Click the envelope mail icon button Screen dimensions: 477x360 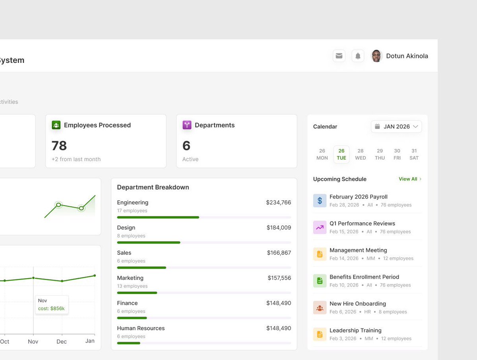339,56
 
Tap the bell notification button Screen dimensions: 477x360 358,56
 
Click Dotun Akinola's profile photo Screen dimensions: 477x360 376,56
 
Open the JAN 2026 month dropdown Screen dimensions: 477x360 396,126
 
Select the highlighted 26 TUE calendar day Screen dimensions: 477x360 341,154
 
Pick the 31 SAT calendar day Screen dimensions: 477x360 414,154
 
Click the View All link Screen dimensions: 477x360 410,179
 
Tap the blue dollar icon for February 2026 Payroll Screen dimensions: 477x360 320,200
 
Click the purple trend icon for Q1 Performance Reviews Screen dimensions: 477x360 320,227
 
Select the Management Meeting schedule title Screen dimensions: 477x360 358,250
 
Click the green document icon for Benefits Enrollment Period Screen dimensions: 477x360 320,281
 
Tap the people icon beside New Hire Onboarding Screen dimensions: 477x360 320,307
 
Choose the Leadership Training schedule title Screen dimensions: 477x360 355,331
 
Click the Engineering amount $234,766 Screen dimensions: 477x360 278,202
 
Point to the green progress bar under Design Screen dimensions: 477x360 149,242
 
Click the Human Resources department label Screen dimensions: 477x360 141,328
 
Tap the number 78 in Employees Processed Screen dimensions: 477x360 59,146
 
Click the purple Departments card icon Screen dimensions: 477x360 187,125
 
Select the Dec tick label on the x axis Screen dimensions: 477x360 62,341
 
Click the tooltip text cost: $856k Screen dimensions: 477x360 51,308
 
